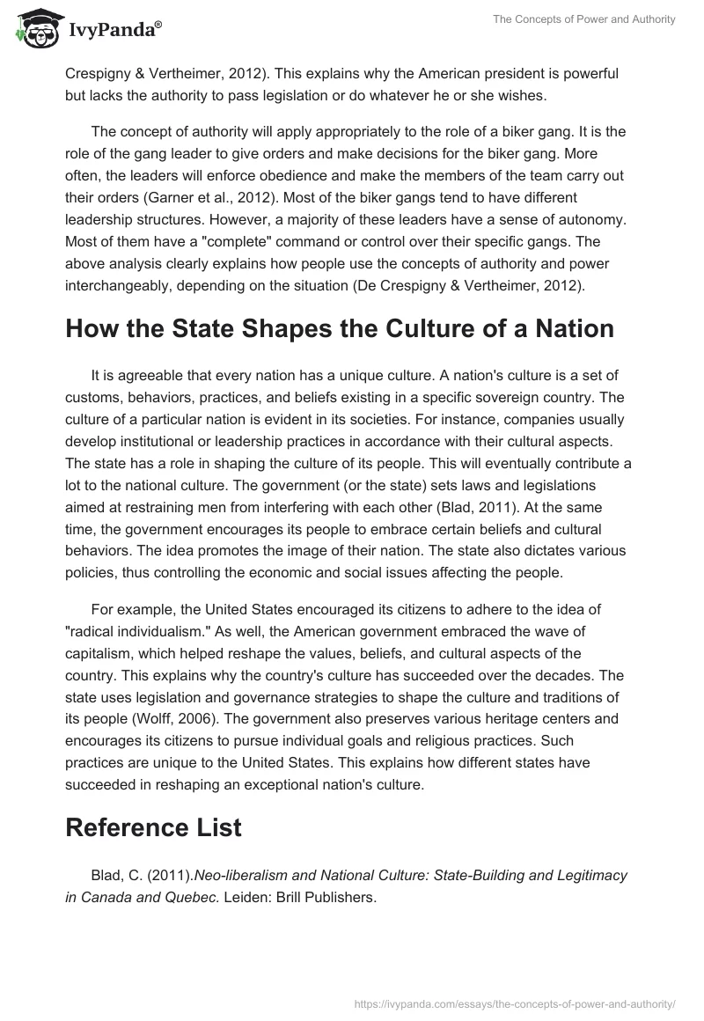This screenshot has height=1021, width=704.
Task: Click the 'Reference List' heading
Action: (x=153, y=826)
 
